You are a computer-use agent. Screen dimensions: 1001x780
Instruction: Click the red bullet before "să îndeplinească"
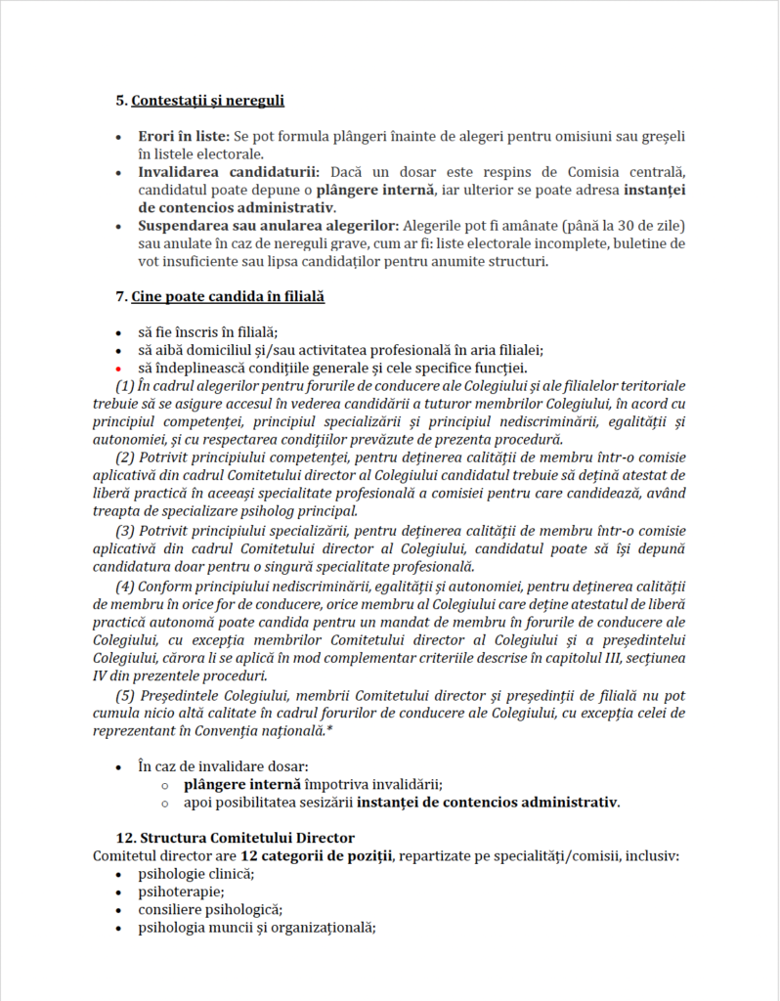click(118, 369)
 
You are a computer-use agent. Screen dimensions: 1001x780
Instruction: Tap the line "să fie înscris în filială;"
click(208, 332)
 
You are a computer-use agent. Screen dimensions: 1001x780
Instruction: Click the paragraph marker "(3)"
click(126, 531)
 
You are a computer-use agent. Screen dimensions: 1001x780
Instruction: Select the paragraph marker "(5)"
click(126, 694)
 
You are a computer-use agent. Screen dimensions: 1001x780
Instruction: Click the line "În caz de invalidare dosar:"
click(224, 766)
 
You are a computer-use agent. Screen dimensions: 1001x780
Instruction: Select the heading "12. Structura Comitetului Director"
click(235, 838)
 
